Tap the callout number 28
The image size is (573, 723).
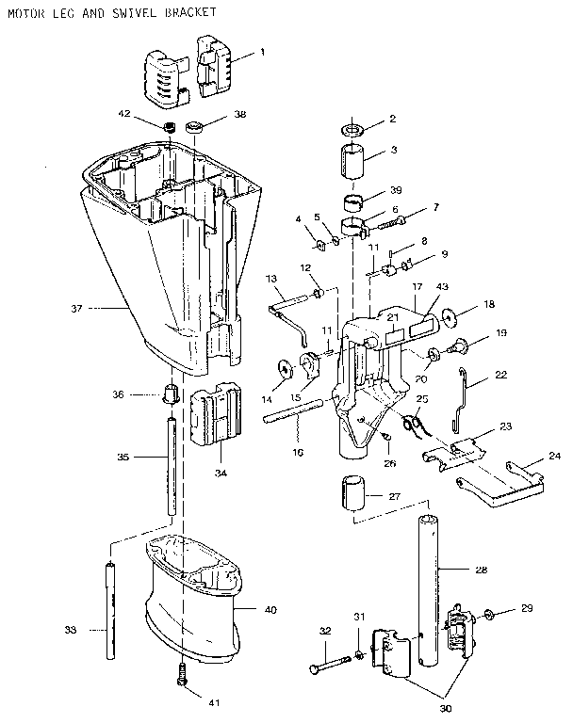(x=482, y=570)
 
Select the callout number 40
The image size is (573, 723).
(x=270, y=610)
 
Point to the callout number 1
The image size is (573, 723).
(x=263, y=53)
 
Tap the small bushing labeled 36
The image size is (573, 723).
(x=172, y=393)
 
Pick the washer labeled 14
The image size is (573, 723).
(x=284, y=367)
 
